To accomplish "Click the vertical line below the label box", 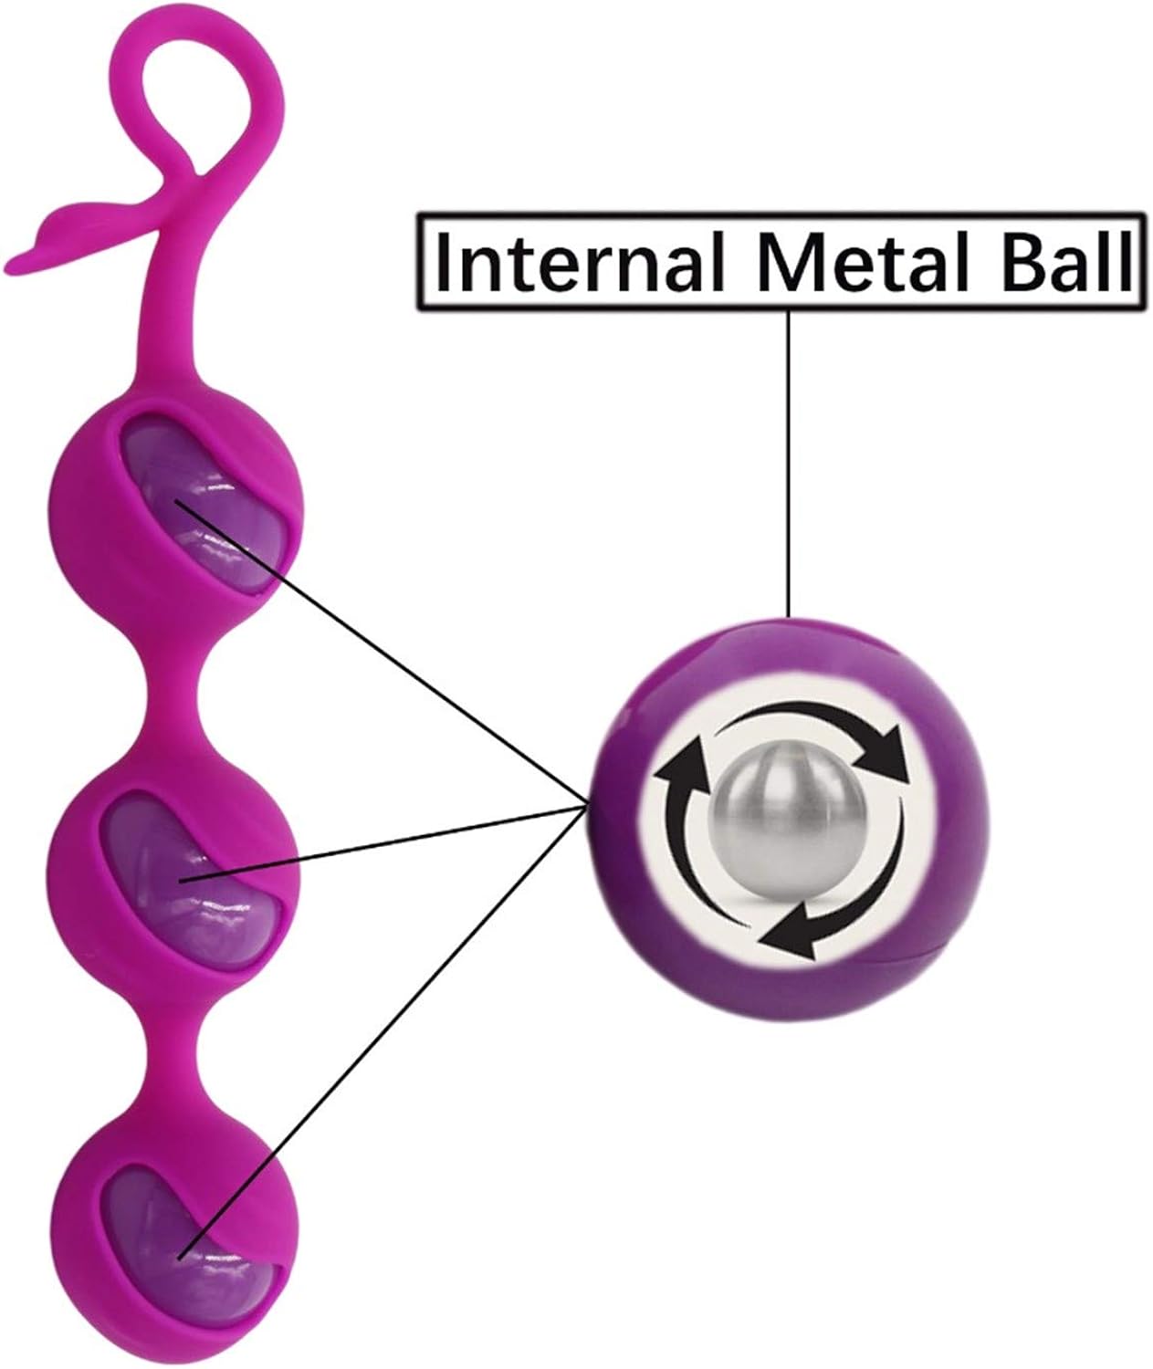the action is [788, 456].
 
